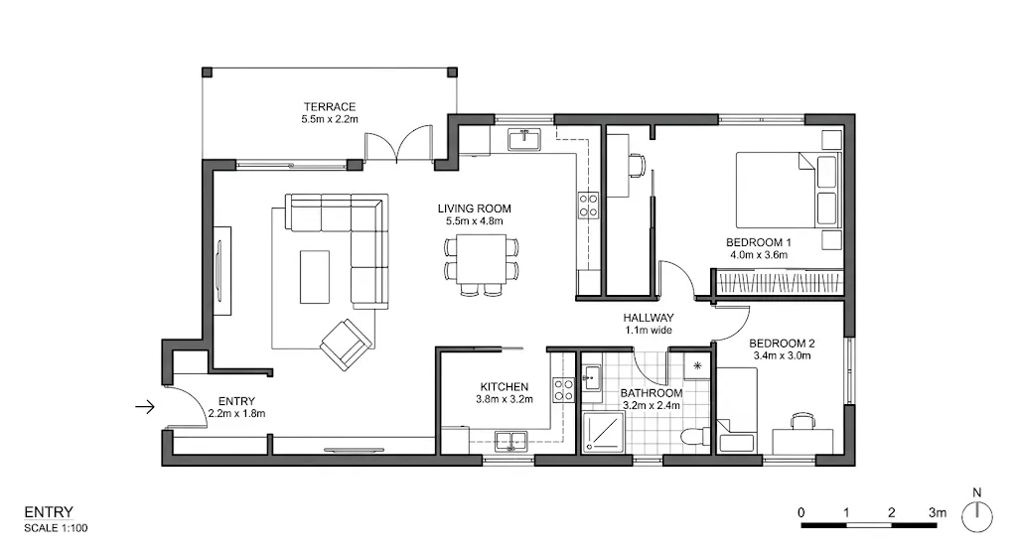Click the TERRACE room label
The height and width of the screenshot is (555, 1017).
(330, 107)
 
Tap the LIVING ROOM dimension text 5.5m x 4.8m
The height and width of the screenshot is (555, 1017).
(475, 221)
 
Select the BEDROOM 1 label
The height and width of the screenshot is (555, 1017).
(758, 242)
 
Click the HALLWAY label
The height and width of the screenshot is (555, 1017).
(649, 318)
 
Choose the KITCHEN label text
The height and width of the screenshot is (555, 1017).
(505, 386)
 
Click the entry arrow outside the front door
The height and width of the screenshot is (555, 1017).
(145, 405)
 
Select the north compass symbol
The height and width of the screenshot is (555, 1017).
(978, 511)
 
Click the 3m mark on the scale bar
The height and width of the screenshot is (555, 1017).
(936, 512)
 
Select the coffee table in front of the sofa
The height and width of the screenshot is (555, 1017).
(315, 276)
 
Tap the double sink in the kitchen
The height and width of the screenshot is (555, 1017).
(511, 438)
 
